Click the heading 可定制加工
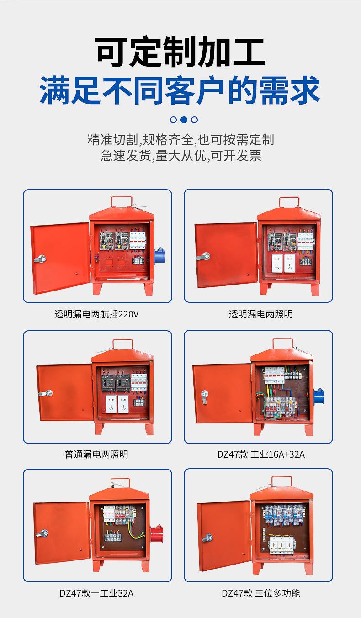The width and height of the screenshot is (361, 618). coord(180,53)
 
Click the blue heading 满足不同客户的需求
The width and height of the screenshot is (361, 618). coord(180,90)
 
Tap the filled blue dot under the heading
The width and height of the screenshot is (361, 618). coord(184,120)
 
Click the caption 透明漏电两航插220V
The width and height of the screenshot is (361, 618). coord(96,314)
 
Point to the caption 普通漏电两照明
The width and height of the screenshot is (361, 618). coord(96,454)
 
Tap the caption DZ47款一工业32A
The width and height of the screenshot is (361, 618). coord(96,593)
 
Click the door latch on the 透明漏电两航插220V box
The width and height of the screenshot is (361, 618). coord(40,259)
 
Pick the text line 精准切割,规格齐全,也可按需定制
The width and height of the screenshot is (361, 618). coord(180,139)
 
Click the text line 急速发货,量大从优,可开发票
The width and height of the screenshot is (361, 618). coord(180,156)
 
